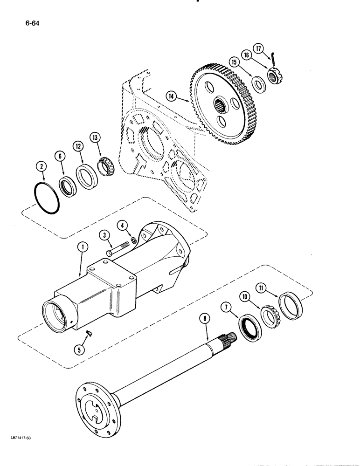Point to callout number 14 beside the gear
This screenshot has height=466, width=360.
(x=172, y=96)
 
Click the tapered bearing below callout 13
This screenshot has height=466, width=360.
(x=106, y=168)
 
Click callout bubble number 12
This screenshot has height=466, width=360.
(x=77, y=147)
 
